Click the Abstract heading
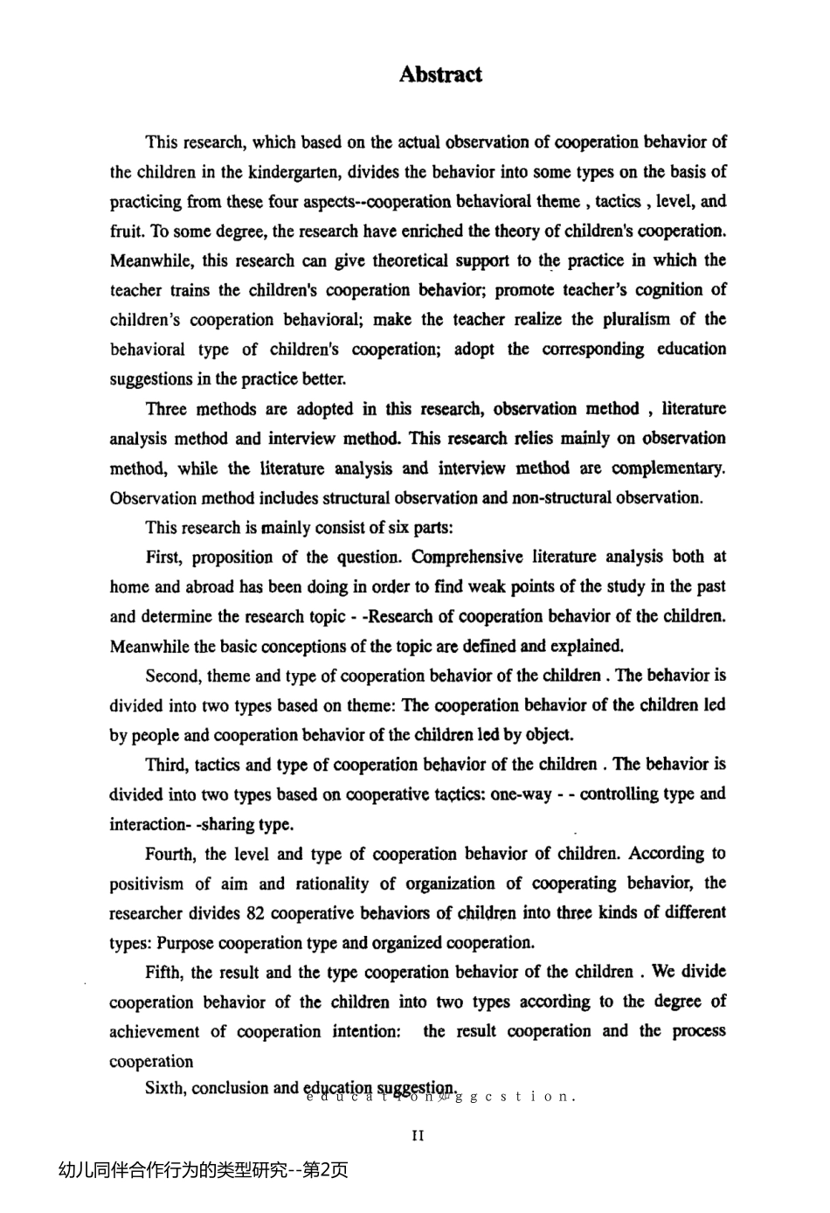440,75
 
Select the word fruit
126,232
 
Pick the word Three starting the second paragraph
166,409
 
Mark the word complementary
668,468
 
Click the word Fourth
171,854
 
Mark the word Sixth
165,1088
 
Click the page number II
418,1136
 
